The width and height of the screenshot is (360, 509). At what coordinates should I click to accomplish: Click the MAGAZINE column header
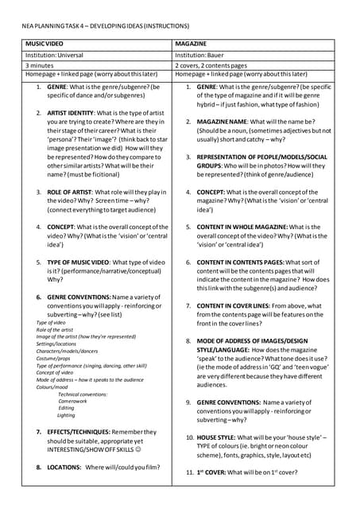point(192,41)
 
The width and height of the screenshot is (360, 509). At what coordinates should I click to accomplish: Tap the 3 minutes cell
point(40,64)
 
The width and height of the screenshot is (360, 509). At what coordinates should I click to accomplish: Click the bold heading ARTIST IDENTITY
point(77,114)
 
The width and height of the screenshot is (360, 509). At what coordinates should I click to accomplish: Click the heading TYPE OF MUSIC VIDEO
point(84,261)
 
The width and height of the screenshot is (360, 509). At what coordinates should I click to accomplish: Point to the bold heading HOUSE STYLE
point(218,437)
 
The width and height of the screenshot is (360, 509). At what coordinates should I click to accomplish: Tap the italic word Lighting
point(66,415)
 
